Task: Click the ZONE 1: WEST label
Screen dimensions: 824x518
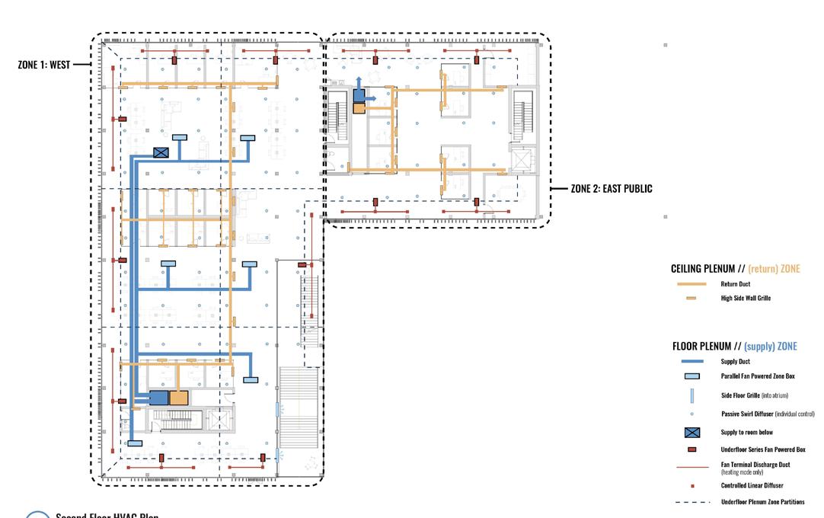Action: (x=43, y=65)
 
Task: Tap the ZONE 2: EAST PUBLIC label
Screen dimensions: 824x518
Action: (x=612, y=188)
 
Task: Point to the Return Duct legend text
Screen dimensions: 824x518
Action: (x=736, y=284)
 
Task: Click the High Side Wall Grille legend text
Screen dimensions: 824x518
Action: (x=746, y=298)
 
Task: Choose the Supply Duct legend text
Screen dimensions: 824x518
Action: (x=736, y=362)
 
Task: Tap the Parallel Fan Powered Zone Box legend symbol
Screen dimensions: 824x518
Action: (x=691, y=376)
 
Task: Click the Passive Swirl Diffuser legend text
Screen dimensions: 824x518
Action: (x=768, y=414)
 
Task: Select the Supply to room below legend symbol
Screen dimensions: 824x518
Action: (x=691, y=433)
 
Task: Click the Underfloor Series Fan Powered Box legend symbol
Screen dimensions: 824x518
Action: (x=691, y=449)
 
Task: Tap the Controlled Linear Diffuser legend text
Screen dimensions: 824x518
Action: (x=752, y=485)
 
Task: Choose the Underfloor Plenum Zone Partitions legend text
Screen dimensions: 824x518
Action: (x=762, y=501)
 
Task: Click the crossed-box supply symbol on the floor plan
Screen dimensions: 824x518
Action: (x=161, y=152)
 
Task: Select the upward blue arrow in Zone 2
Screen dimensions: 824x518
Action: (x=359, y=82)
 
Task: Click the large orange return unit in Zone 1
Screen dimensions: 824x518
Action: (x=179, y=398)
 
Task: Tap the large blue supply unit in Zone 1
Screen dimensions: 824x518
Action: (x=158, y=398)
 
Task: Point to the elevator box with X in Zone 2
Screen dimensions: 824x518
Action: (x=521, y=161)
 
